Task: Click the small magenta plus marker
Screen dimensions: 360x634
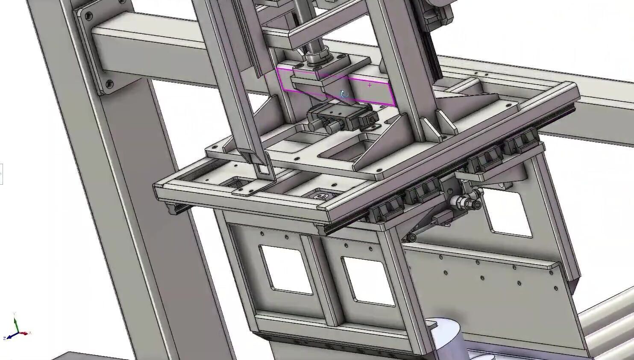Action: click(370, 85)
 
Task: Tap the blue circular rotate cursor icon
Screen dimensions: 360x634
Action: click(344, 94)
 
